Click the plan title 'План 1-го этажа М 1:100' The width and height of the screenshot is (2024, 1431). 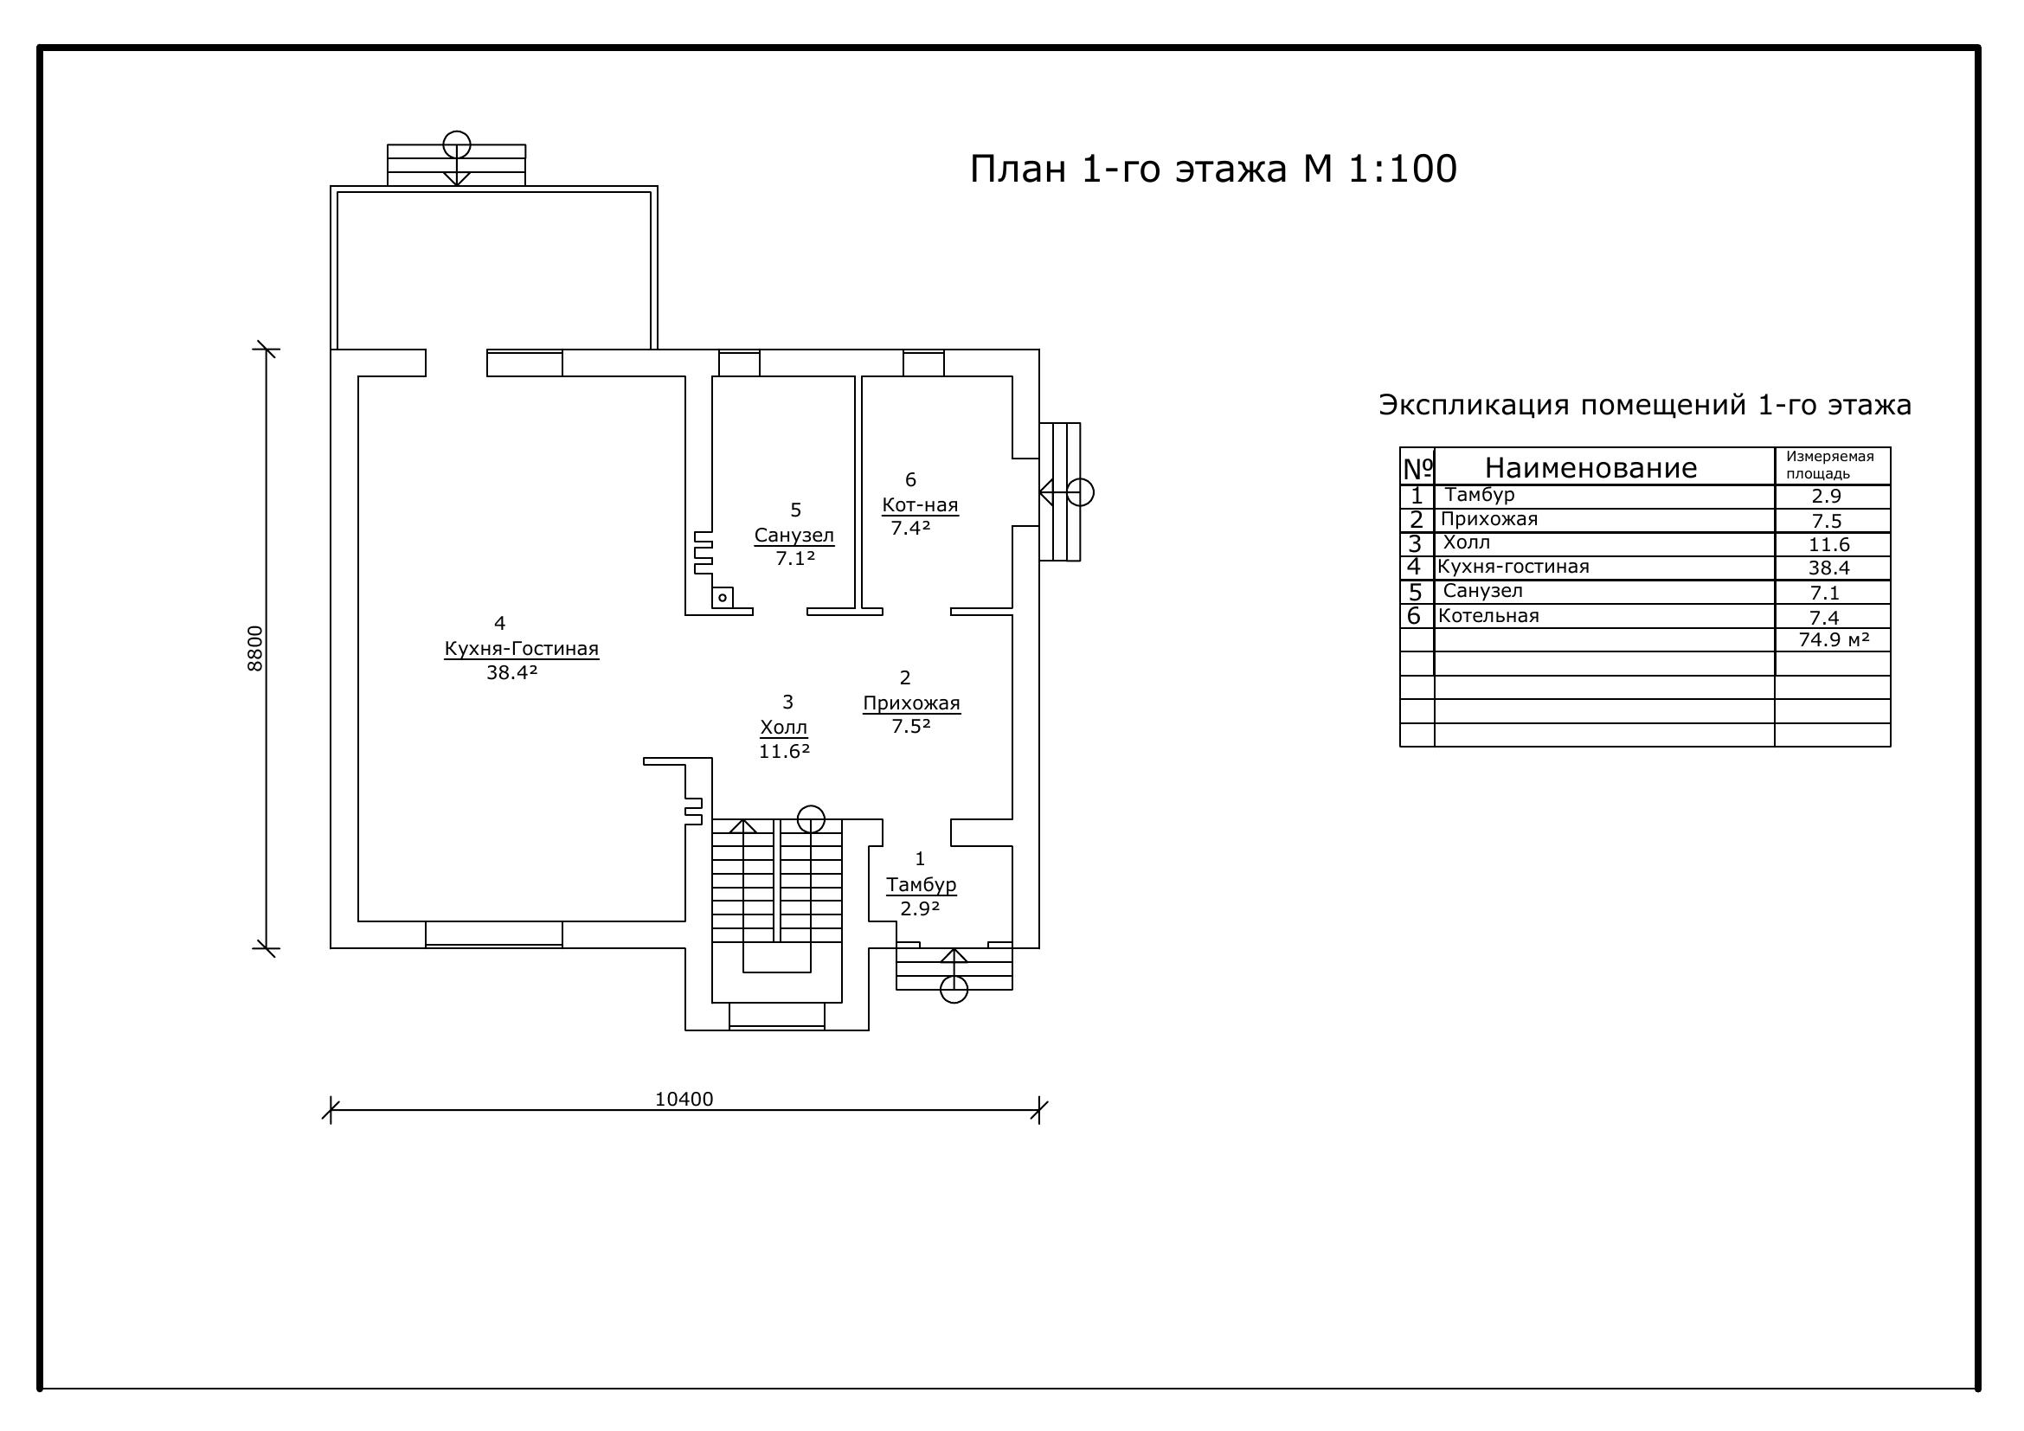(x=1213, y=170)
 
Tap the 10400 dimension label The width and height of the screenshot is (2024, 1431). (x=684, y=1099)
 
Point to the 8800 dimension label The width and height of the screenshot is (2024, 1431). (x=254, y=649)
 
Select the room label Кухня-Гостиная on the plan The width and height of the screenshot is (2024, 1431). (x=521, y=649)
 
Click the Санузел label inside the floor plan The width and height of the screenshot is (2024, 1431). (x=794, y=535)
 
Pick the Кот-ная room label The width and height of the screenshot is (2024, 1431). (x=921, y=505)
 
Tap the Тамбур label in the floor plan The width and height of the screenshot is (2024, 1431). (x=922, y=884)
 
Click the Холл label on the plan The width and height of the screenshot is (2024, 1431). (x=784, y=728)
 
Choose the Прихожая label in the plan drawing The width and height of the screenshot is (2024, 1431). (x=911, y=703)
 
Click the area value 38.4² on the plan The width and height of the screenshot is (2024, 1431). (x=512, y=672)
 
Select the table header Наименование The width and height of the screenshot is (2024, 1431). (x=1591, y=467)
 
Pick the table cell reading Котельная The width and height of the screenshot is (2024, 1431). (x=1488, y=615)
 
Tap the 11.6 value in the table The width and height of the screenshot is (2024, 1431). (x=1829, y=544)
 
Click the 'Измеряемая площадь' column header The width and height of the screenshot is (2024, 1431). (x=1830, y=465)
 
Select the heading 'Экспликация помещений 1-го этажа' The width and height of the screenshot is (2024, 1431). (x=1645, y=404)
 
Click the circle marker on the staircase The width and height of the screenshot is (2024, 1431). (x=811, y=819)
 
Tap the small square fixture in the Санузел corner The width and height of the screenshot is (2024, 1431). (x=723, y=598)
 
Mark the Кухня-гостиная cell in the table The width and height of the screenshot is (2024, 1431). (x=1513, y=567)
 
